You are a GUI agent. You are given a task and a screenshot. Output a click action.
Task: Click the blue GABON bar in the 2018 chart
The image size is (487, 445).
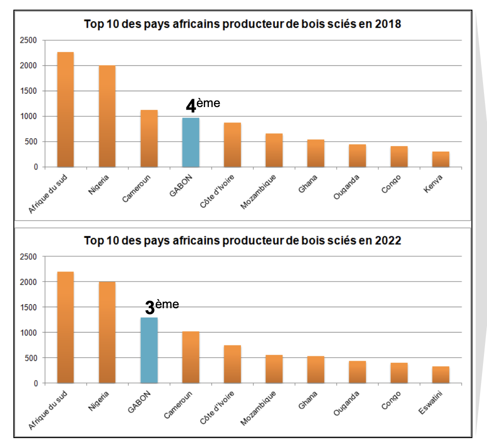190,143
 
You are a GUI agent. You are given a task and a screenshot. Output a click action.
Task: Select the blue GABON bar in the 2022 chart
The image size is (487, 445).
149,350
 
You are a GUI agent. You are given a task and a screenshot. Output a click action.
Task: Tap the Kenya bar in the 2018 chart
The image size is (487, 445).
440,160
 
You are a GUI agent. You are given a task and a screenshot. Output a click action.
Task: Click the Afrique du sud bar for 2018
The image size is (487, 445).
65,110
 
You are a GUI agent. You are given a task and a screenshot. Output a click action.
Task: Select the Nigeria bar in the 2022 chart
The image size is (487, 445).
107,333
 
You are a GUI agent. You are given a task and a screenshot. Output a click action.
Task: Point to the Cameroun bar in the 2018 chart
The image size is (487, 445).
149,139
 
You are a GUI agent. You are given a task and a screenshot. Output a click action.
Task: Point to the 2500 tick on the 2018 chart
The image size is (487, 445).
29,40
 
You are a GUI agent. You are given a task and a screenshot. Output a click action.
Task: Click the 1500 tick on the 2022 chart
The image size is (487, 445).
29,307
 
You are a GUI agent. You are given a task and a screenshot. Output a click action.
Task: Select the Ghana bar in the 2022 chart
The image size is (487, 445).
315,370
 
